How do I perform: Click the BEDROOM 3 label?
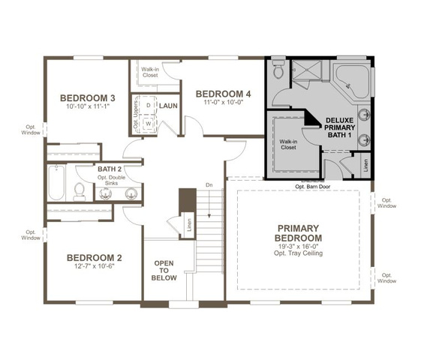coord(87,98)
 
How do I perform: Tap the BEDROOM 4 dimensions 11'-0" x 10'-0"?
coord(224,103)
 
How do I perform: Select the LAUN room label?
coord(168,106)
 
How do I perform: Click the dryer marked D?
coord(148,105)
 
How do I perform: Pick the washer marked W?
coord(148,124)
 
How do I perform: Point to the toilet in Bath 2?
coord(80,192)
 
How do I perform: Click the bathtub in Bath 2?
coord(56,182)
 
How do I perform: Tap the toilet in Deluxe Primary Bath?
coord(279,68)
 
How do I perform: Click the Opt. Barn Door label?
coord(312,187)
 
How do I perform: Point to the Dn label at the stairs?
coord(209,185)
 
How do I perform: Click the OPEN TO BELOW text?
coord(164,271)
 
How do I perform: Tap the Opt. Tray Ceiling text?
coord(298,253)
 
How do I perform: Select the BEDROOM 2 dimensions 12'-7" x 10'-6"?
coord(95,266)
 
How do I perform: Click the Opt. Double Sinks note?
coord(111,181)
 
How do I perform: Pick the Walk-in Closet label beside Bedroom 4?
coord(150,72)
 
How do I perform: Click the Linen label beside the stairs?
coord(189,225)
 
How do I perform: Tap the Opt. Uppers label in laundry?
coord(136,114)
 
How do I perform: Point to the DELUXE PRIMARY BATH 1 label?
coord(339,128)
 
